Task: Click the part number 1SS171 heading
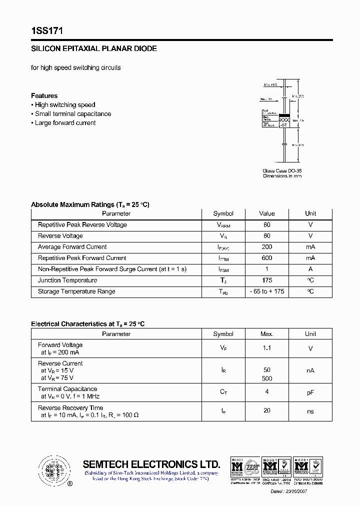coord(46,31)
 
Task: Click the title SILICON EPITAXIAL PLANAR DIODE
coord(94,49)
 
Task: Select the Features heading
coord(44,95)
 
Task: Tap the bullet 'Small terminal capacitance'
coord(73,114)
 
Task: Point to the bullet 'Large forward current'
coord(65,123)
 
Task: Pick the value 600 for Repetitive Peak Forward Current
coord(267,258)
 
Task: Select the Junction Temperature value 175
coord(267,280)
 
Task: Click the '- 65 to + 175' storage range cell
coord(267,291)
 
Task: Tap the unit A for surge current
coord(310,269)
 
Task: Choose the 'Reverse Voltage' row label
coord(60,236)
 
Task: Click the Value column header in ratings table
coord(267,213)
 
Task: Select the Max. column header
coord(267,334)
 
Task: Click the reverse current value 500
coord(267,378)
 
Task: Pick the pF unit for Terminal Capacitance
coord(310,393)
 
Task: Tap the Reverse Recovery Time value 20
coord(267,410)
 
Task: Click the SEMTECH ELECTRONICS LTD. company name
coord(151,464)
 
